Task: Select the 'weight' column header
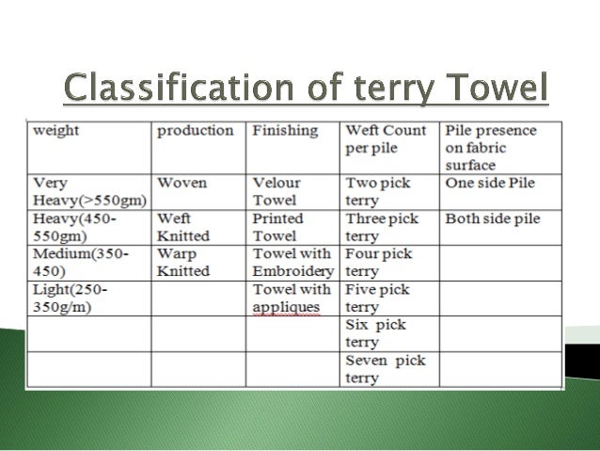coord(56,131)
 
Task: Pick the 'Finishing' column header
coord(285,131)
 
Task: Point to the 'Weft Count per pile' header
coord(386,140)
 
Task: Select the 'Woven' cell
coord(182,184)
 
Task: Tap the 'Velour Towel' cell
coord(276,192)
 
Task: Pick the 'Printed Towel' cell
coord(278,228)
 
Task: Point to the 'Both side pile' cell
coord(493,219)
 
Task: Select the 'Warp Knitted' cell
coord(183,264)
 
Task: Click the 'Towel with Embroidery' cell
coord(292,264)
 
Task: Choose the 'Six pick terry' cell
coord(376,333)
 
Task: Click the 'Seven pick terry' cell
coord(386,369)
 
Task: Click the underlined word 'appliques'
coord(286,308)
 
